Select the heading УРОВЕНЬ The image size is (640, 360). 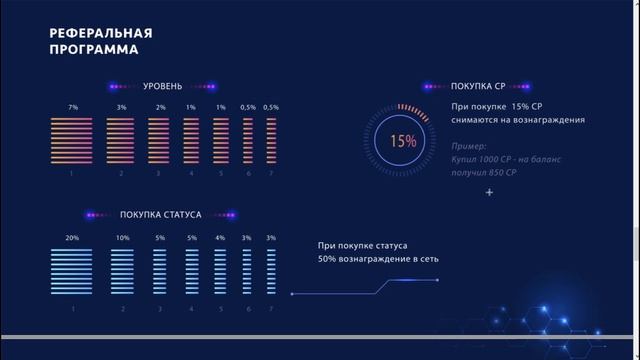tap(162, 86)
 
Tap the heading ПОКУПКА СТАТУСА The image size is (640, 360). tap(161, 215)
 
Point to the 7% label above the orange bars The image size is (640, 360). tap(72, 107)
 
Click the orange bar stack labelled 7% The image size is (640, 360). tap(72, 140)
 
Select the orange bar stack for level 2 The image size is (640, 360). tap(121, 140)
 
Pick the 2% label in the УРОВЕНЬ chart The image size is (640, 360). tap(160, 107)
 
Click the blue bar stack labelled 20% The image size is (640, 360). tap(72, 271)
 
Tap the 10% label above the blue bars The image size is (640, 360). tap(122, 238)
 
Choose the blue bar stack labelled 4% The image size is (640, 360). tap(220, 271)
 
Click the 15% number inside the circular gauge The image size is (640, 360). tap(403, 141)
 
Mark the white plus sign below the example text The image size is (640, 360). tap(489, 192)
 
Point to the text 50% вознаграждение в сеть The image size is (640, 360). tap(378, 259)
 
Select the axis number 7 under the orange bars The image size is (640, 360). tap(271, 174)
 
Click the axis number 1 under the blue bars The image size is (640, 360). tap(72, 308)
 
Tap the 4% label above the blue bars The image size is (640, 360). tap(220, 238)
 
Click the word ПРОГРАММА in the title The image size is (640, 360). tap(94, 49)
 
